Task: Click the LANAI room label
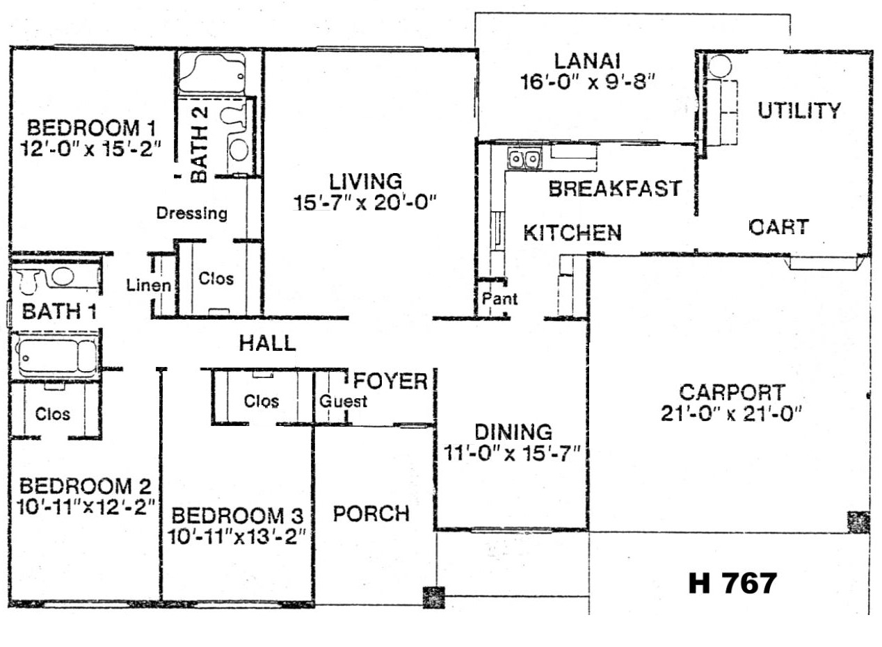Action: (588, 61)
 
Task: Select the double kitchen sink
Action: (524, 159)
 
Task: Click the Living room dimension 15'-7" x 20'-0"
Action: (365, 204)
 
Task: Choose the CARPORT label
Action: (732, 392)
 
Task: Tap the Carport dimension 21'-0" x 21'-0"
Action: (732, 413)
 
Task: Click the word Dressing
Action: (192, 213)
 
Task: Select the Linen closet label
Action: (149, 285)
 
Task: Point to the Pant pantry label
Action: (499, 299)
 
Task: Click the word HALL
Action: (268, 343)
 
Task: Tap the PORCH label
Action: (371, 514)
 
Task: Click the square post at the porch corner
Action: (433, 598)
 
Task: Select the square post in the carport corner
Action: (859, 522)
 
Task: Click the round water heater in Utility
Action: (720, 66)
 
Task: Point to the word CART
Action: (779, 227)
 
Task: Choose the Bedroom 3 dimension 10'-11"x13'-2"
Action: (236, 537)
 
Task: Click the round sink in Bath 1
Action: (63, 276)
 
